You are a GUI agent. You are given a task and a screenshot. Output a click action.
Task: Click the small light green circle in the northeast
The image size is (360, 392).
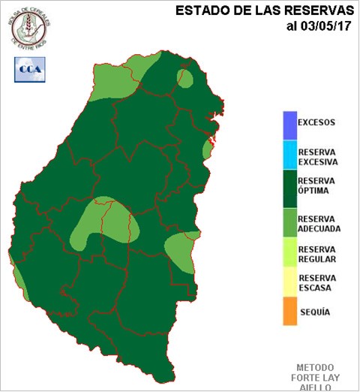(x=184, y=77)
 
